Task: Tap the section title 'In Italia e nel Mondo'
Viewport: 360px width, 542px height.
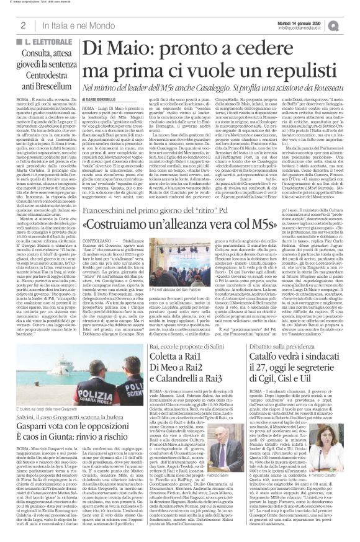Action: pos(73,25)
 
